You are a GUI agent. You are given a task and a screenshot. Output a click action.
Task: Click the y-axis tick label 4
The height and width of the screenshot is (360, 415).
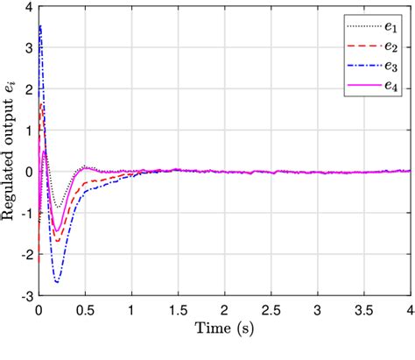(x=29, y=8)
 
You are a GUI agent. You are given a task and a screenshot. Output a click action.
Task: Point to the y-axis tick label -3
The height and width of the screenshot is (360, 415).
(x=26, y=297)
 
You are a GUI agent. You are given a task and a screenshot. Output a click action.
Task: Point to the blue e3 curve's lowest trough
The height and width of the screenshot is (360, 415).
(x=58, y=283)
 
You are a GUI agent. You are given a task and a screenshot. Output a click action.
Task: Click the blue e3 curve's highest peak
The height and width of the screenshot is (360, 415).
(x=40, y=26)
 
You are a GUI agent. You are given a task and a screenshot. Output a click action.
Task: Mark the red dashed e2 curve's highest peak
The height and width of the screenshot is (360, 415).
(x=42, y=104)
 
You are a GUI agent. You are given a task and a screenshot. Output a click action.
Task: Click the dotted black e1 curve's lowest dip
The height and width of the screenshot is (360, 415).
(x=58, y=208)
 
